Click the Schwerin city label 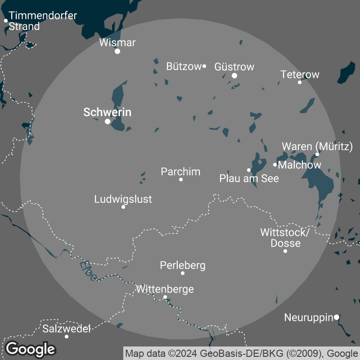coord(107,112)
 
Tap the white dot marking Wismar coord(117,51)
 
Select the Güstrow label coord(234,67)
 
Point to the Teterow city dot coord(300,82)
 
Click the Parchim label coord(180,171)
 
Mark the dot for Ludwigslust coord(123,207)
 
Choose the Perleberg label coord(183,265)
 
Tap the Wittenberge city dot coord(165,297)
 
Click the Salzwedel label coord(67,328)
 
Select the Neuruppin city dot coord(336,317)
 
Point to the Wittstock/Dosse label coord(285,238)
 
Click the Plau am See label coord(249,178)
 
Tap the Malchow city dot coord(275,165)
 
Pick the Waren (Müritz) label coord(317,146)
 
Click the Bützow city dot coord(204,66)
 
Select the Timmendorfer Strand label coord(43,21)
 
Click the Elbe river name coord(88,270)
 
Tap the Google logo coord(31,349)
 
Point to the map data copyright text coord(241,353)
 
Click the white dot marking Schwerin coord(108,121)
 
